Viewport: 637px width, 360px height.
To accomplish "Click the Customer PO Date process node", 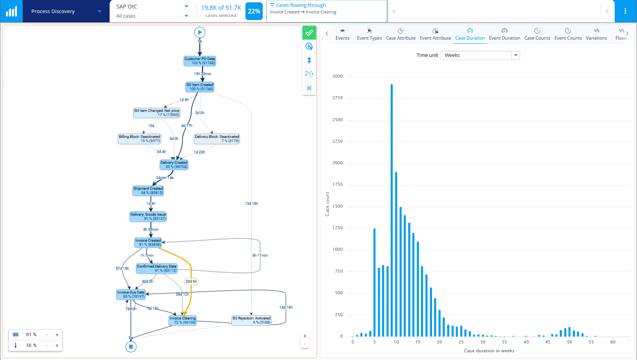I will pyautogui.click(x=200, y=61).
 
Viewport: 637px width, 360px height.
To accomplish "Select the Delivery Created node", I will pyautogui.click(x=174, y=165).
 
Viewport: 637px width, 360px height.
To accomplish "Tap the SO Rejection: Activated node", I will pyautogui.click(x=251, y=320).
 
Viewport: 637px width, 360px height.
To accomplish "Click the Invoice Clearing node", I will pyautogui.click(x=183, y=320).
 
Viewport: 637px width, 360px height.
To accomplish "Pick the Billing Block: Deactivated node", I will pyautogui.click(x=139, y=138).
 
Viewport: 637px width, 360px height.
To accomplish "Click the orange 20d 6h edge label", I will pyautogui.click(x=191, y=282).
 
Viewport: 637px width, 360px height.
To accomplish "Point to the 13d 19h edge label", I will pyautogui.click(x=251, y=203).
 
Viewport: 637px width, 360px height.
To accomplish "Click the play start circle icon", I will pyautogui.click(x=200, y=32).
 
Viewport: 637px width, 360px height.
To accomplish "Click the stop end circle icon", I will pyautogui.click(x=131, y=347).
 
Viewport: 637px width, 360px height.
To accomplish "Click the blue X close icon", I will pyautogui.click(x=309, y=88).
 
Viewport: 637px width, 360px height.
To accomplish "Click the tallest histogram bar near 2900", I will pyautogui.click(x=392, y=192).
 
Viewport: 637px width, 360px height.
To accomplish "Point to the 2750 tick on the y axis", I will pyautogui.click(x=337, y=98).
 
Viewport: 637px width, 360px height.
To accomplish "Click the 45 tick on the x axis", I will pyautogui.click(x=548, y=342).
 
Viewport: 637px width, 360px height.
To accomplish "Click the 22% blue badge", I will pyautogui.click(x=254, y=11).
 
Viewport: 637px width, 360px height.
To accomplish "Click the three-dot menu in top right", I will pyautogui.click(x=625, y=11).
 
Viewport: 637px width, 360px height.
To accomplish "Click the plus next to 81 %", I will pyautogui.click(x=57, y=335).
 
